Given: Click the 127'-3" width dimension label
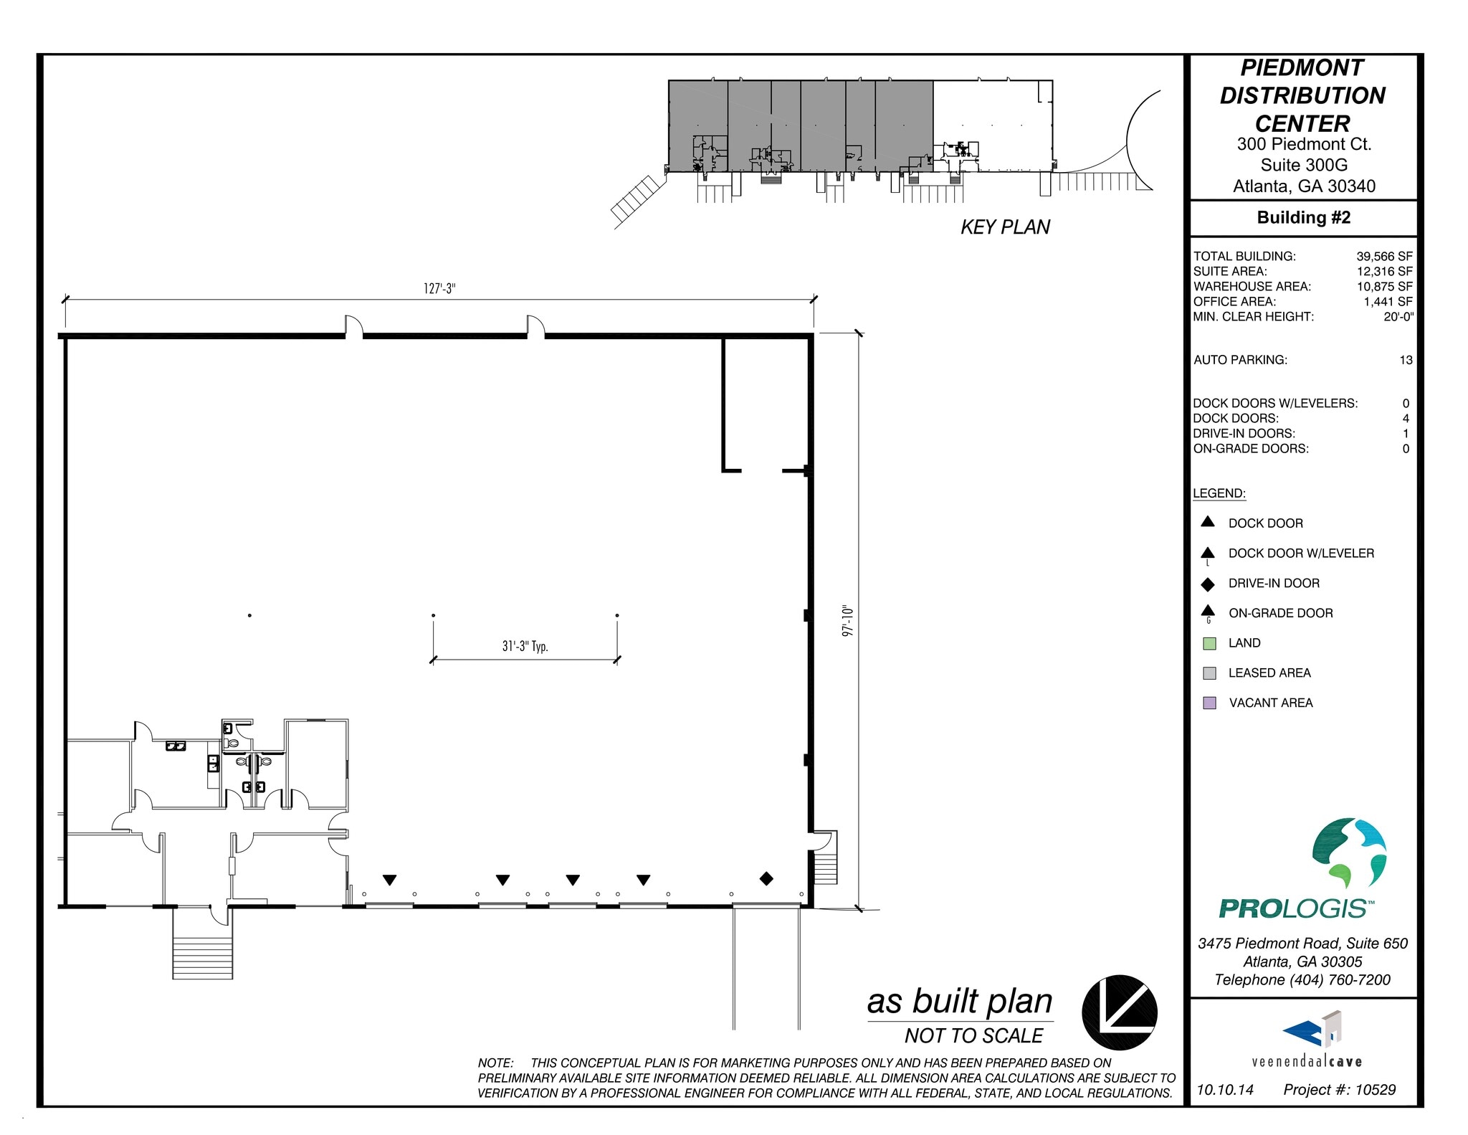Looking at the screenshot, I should pos(439,289).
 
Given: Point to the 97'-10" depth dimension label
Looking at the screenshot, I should pos(848,621).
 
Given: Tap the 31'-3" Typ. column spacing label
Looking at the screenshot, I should pos(525,646).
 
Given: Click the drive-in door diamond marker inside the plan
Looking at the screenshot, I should pos(766,878).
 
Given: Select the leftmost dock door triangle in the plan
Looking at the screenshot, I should pos(389,880).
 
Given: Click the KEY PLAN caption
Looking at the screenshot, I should pos(1005,227).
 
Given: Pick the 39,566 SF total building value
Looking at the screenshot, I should pos(1383,256).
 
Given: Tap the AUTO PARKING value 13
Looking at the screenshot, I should pos(1405,360).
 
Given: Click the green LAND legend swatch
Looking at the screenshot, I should pos(1209,643).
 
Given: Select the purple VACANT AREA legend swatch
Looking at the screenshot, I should pos(1209,703).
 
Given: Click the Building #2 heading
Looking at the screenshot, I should pos(1303,218).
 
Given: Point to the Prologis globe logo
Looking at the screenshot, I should pos(1348,853).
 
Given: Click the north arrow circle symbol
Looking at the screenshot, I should pos(1119,1012).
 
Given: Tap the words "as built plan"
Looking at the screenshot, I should pos(959,1002).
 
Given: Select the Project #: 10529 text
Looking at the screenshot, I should pos(1339,1090).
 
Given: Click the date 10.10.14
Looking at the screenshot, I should pos(1225,1090).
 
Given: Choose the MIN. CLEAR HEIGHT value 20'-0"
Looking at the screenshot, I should pos(1398,316).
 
